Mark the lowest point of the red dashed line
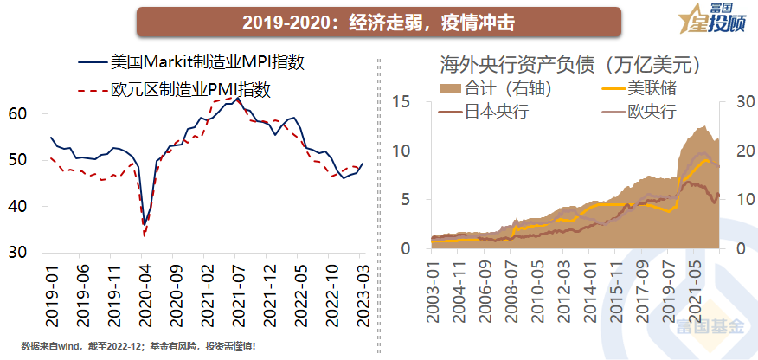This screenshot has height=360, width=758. coord(145,235)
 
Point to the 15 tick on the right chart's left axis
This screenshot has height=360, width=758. coord(399,101)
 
